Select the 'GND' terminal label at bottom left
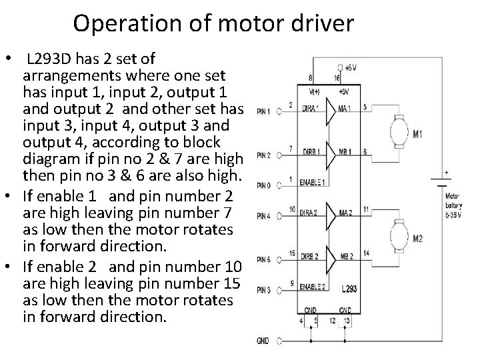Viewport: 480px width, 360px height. click(x=263, y=341)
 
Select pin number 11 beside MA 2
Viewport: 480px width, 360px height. click(x=367, y=209)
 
